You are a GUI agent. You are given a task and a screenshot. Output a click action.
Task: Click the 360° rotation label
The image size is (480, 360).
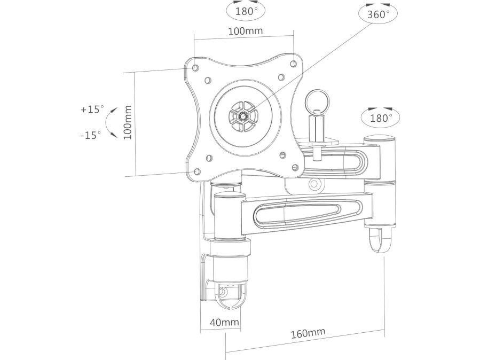379,14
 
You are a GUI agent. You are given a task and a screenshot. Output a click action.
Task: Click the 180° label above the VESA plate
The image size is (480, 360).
246,12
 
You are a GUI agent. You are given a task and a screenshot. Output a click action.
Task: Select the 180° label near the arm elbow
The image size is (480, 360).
381,118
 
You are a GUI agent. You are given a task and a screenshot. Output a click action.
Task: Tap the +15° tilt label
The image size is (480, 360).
92,109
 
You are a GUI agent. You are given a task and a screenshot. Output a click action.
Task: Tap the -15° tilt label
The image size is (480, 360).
91,135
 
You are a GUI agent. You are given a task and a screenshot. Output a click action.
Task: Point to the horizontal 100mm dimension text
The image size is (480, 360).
245,31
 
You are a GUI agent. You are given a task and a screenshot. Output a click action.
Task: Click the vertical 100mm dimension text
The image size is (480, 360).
128,122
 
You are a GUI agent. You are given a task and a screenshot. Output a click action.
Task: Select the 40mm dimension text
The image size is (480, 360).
224,322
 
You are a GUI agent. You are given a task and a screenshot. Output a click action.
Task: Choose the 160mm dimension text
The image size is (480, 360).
308,333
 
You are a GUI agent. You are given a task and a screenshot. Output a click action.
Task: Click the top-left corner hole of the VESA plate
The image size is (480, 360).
195,67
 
